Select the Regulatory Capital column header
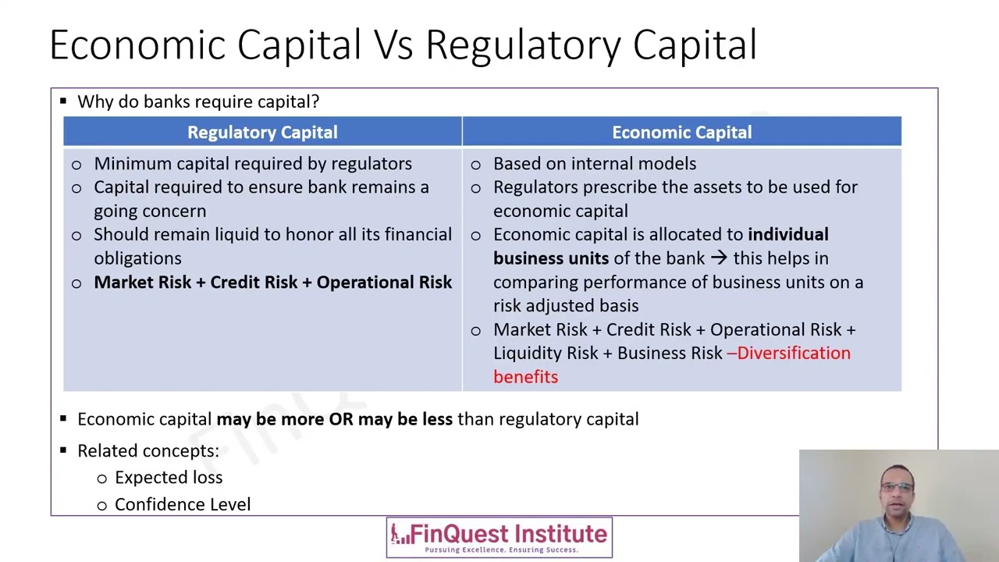(x=262, y=133)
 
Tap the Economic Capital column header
(x=681, y=133)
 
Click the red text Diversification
(x=793, y=354)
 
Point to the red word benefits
(x=525, y=377)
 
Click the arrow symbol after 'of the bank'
(x=718, y=258)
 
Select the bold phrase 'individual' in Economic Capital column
(x=787, y=235)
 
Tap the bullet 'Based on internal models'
(x=594, y=164)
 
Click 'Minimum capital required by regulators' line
(x=252, y=164)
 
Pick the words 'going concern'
(x=150, y=212)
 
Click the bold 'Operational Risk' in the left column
(x=384, y=283)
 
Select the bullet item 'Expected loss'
(x=168, y=478)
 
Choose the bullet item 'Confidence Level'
(x=182, y=505)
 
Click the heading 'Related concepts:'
(x=148, y=451)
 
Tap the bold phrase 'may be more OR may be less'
(x=334, y=419)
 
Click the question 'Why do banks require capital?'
(x=198, y=102)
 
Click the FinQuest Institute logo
(x=499, y=537)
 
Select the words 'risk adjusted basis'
(x=565, y=306)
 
